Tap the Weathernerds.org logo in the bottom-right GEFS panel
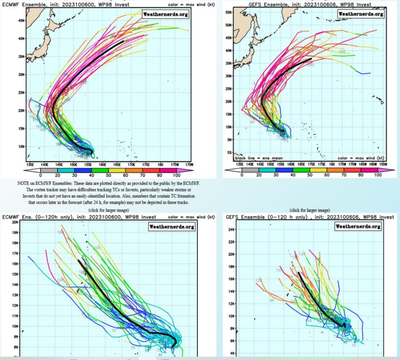click(358, 227)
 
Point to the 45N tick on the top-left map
click(5, 20)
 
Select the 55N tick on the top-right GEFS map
click(228, 11)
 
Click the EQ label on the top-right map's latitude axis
click(229, 152)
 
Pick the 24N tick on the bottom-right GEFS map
click(232, 230)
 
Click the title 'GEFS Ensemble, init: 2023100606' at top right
click(269, 3)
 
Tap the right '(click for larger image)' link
click(310, 210)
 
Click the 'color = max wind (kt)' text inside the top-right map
click(359, 158)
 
